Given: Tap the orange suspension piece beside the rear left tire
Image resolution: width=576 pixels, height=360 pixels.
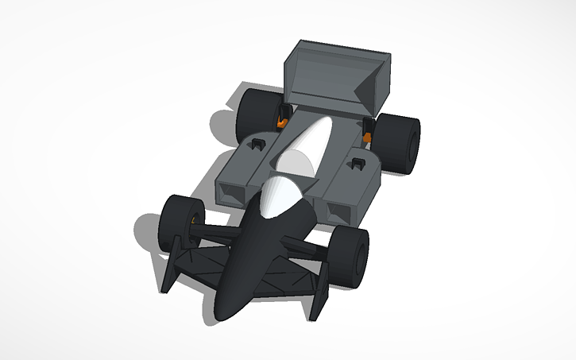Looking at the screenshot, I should pyautogui.click(x=282, y=122).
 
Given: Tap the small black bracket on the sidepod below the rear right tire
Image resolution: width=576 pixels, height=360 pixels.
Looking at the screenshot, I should pyautogui.click(x=357, y=164).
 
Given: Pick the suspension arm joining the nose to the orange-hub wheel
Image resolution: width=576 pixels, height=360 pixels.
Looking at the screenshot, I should pyautogui.click(x=218, y=234).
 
